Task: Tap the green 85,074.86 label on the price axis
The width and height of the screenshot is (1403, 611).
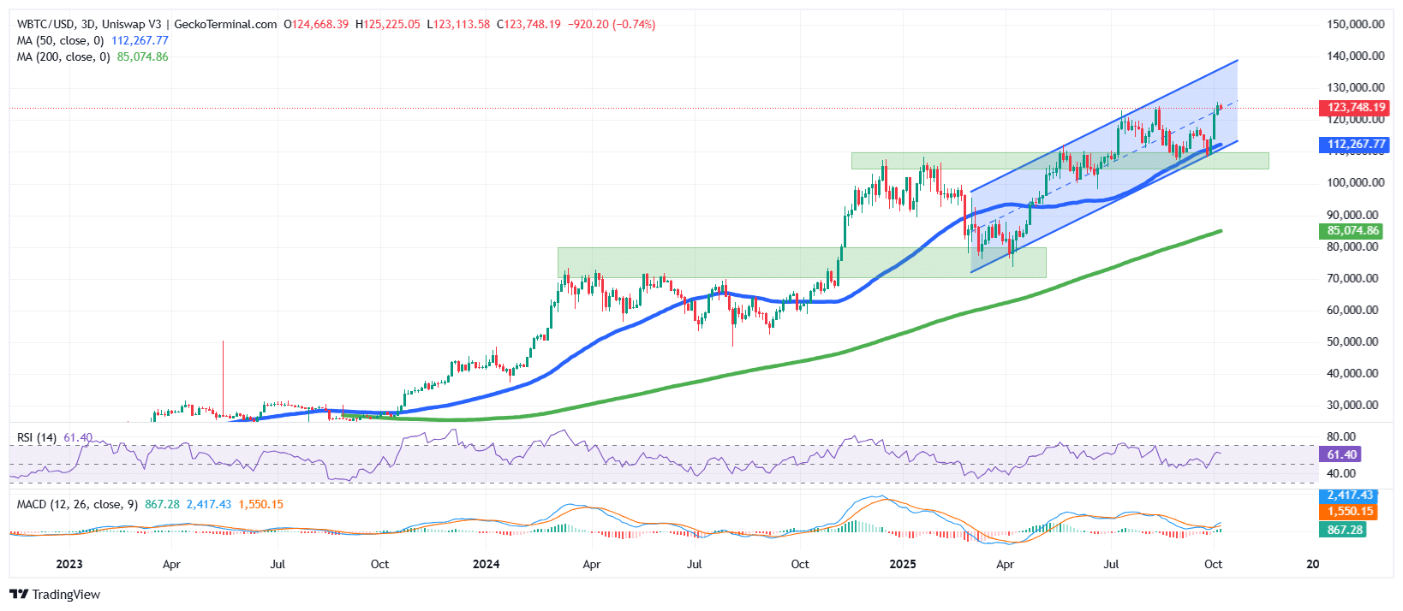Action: tap(1353, 231)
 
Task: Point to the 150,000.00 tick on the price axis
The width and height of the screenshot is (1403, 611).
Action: tap(1355, 24)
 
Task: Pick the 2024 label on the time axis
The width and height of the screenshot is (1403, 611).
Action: tap(487, 564)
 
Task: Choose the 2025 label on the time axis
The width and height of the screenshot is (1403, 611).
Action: tap(903, 564)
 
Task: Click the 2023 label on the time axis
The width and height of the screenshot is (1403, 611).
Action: tap(69, 564)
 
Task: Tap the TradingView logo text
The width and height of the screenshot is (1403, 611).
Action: tap(65, 595)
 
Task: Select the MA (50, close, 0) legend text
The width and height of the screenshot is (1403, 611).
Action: tap(60, 40)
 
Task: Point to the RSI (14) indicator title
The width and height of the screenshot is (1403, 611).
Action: tap(37, 437)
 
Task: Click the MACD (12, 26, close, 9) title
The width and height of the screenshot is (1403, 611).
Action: tap(77, 504)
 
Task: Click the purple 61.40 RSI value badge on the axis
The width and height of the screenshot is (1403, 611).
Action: tap(1341, 454)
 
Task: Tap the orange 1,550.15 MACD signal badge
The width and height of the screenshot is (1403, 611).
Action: tap(1349, 512)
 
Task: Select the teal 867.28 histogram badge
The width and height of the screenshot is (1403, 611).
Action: tap(1345, 530)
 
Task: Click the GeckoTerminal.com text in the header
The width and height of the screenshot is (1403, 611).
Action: tap(225, 24)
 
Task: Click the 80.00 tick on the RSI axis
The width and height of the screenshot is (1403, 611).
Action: tap(1341, 436)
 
